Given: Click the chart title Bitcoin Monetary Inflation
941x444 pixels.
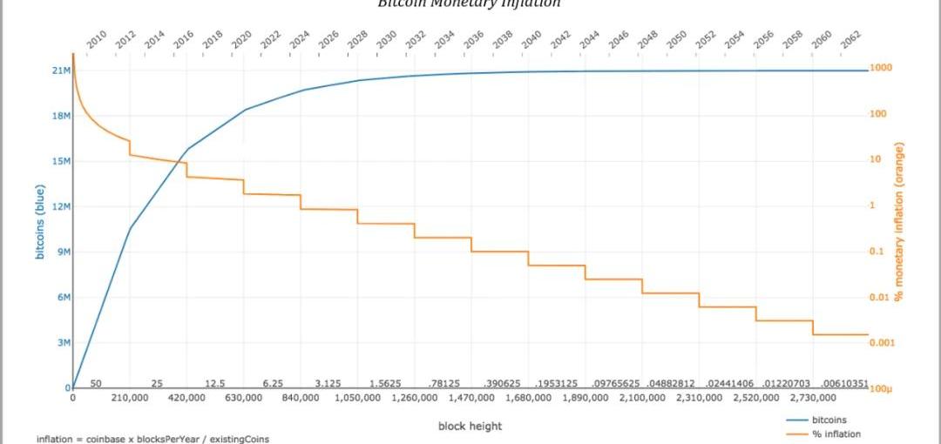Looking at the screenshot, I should (x=469, y=3).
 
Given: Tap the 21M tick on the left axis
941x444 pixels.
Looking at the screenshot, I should (x=61, y=71).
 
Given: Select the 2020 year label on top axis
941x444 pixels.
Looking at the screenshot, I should (x=241, y=38).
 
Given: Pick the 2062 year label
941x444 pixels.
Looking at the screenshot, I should (x=849, y=38).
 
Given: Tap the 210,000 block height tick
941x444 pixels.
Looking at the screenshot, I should (x=130, y=398).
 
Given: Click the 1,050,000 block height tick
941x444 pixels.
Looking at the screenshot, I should (x=356, y=398).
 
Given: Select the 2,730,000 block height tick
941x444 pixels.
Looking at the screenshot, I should (x=812, y=398).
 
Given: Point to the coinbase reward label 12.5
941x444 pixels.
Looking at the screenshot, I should (x=214, y=384).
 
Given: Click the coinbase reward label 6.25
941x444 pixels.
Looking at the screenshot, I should (x=273, y=384).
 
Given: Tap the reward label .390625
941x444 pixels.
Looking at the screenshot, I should (x=499, y=384).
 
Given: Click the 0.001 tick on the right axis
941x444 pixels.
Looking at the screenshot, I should (x=882, y=342).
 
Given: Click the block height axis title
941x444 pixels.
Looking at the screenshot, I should (x=470, y=426).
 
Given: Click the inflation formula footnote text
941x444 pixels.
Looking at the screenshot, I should (x=153, y=439).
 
